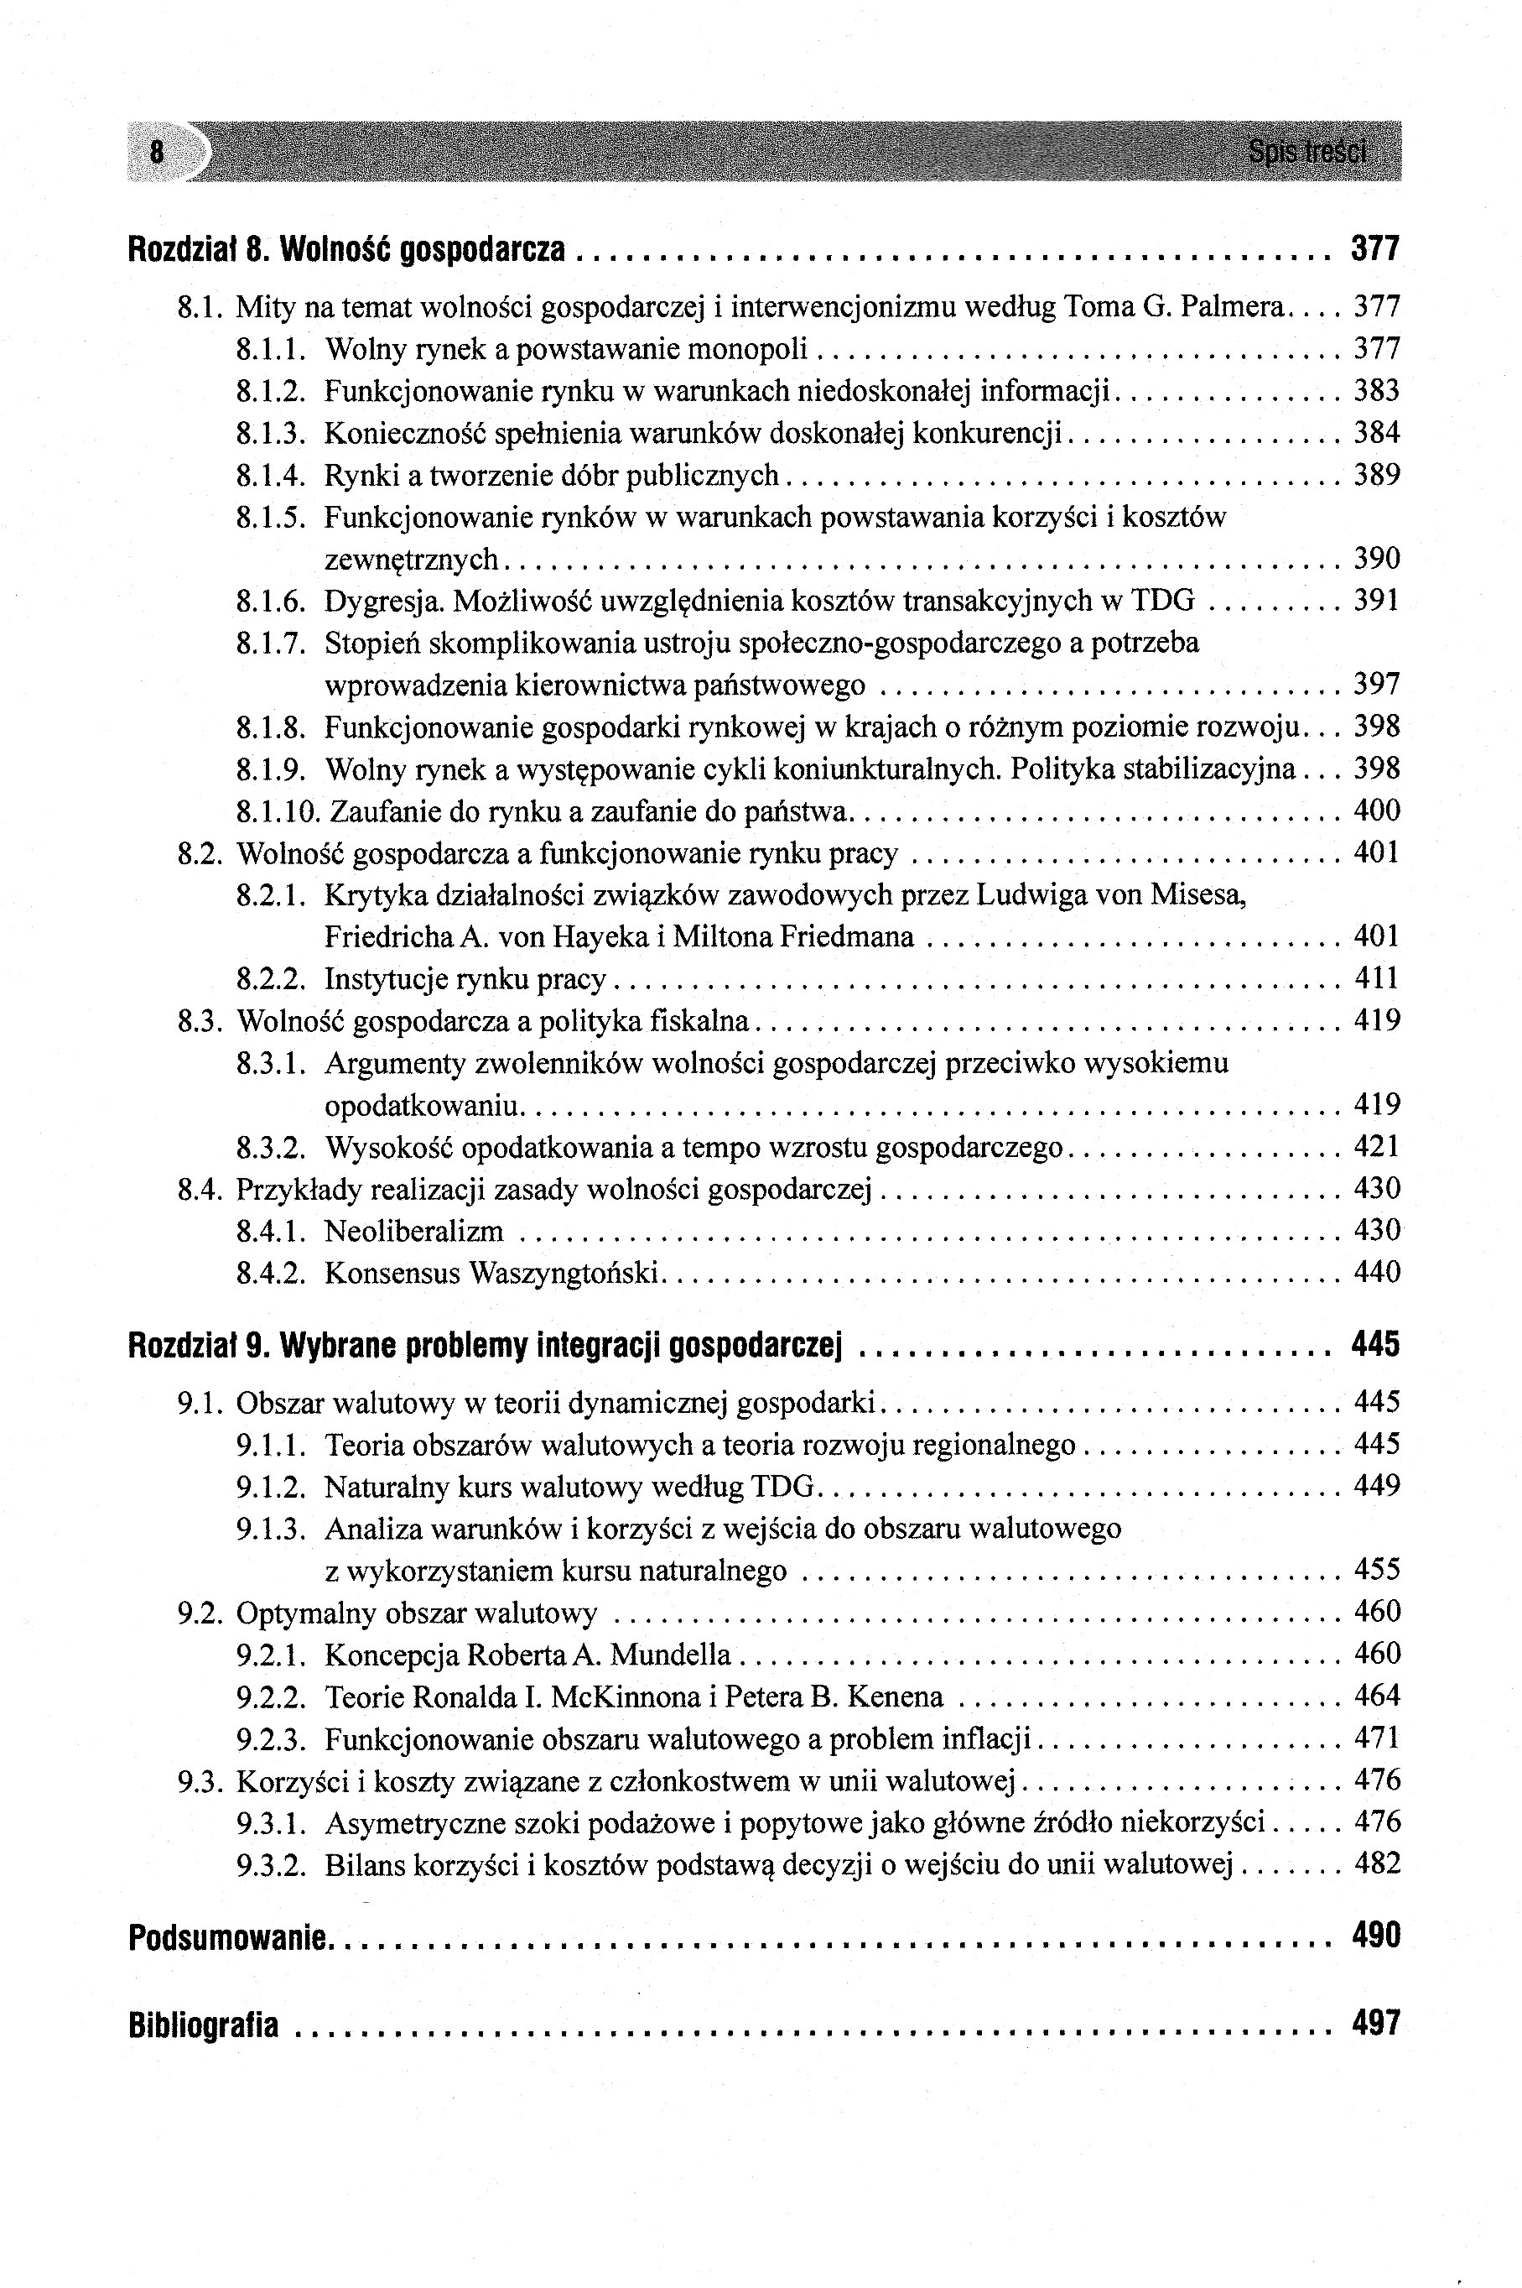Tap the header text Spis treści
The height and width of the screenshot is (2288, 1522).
click(x=1307, y=153)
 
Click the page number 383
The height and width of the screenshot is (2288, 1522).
click(x=1376, y=391)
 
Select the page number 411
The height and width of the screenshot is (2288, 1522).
click(x=1376, y=979)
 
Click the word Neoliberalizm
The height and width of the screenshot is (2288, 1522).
click(x=413, y=1233)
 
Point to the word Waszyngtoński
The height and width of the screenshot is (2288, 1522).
click(x=563, y=1273)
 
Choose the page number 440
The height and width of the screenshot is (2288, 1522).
click(x=1376, y=1273)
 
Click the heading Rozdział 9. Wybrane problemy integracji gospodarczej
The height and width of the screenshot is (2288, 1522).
click(x=485, y=1346)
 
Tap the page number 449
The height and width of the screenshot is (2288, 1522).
click(x=1376, y=1487)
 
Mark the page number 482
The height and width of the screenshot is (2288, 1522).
click(x=1376, y=1864)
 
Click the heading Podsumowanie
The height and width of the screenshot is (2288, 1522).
click(x=229, y=1938)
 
